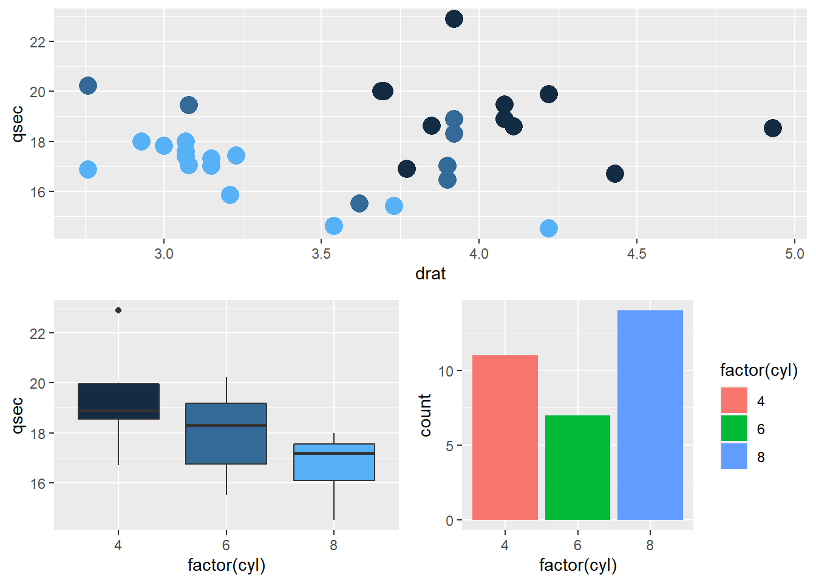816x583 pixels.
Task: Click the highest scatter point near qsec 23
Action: click(x=454, y=19)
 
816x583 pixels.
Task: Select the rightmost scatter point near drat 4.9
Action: click(x=772, y=128)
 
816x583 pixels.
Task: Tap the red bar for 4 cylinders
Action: click(x=505, y=437)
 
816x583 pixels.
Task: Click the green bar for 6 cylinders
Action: click(x=577, y=468)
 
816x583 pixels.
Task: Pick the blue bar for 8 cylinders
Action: click(x=650, y=415)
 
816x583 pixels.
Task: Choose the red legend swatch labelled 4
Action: click(x=733, y=401)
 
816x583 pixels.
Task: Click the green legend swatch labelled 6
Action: click(x=733, y=429)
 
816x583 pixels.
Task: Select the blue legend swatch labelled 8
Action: click(x=733, y=457)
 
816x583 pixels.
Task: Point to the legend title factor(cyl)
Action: click(x=758, y=370)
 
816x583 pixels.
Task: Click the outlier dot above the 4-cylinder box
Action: click(x=118, y=310)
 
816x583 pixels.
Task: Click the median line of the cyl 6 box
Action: click(x=226, y=425)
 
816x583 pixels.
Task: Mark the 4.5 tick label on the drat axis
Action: click(x=636, y=254)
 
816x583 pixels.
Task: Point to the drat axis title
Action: click(x=430, y=274)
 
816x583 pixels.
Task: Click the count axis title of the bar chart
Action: click(x=425, y=415)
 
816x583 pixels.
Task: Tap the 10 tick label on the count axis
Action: click(x=446, y=371)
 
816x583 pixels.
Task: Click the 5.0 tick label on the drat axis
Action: click(x=794, y=254)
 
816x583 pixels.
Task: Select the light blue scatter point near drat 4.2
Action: click(x=548, y=228)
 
